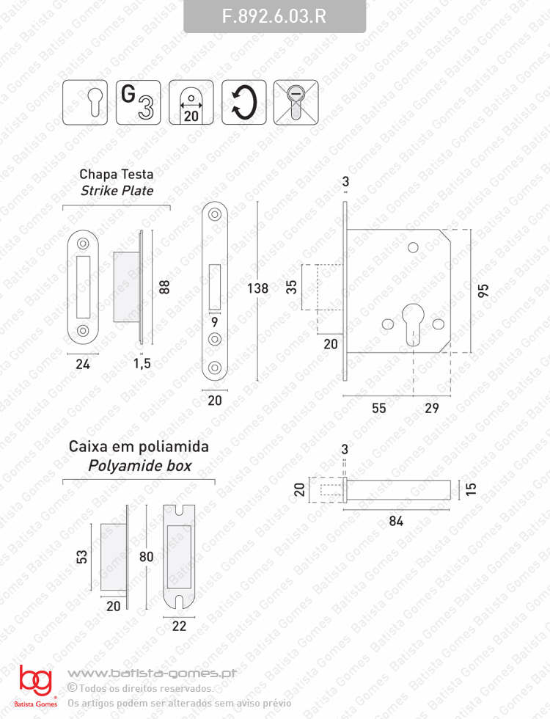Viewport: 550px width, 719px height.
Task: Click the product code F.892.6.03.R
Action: pos(274,16)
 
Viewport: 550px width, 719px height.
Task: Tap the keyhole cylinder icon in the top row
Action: pos(85,102)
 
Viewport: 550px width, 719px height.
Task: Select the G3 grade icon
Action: pos(138,102)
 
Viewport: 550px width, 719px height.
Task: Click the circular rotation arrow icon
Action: pos(243,102)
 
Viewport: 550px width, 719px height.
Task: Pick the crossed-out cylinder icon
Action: pos(296,102)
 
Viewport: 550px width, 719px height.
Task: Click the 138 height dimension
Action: pos(257,288)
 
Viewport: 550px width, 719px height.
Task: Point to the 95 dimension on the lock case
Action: pos(483,291)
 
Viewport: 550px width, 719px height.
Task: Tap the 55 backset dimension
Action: pos(378,408)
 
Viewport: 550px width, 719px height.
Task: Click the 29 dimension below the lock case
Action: pos(432,408)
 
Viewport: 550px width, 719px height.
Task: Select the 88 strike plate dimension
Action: pos(164,287)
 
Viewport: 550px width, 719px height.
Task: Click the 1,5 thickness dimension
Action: pos(142,364)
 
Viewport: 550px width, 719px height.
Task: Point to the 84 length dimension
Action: pos(396,521)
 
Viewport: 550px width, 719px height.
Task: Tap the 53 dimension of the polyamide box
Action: pos(81,557)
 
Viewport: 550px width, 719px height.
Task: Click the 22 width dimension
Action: pos(179,626)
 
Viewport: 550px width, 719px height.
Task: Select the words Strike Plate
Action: pos(117,191)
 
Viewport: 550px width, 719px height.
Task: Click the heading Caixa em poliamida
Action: pos(139,446)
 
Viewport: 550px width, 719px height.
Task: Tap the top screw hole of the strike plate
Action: pos(83,243)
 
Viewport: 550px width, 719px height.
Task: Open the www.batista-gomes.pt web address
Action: pos(153,674)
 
